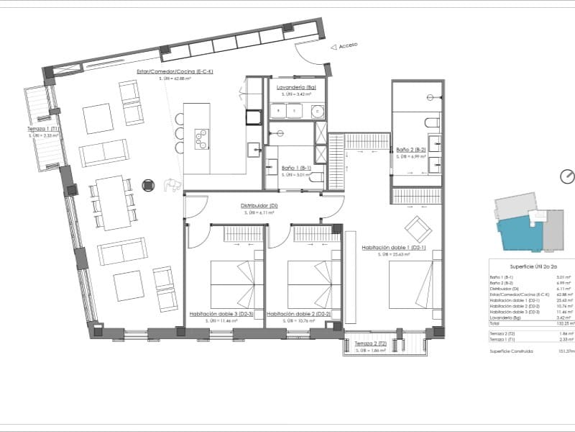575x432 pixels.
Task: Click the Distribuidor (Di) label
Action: click(259, 206)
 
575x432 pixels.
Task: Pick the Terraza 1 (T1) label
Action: click(42, 128)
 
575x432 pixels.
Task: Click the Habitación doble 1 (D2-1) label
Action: click(394, 247)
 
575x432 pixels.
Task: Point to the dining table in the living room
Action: click(113, 202)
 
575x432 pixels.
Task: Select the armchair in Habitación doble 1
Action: click(418, 229)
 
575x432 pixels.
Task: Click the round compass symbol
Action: click(567, 176)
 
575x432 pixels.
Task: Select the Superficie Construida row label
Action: click(512, 351)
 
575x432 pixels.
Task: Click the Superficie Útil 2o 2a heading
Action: click(532, 266)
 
